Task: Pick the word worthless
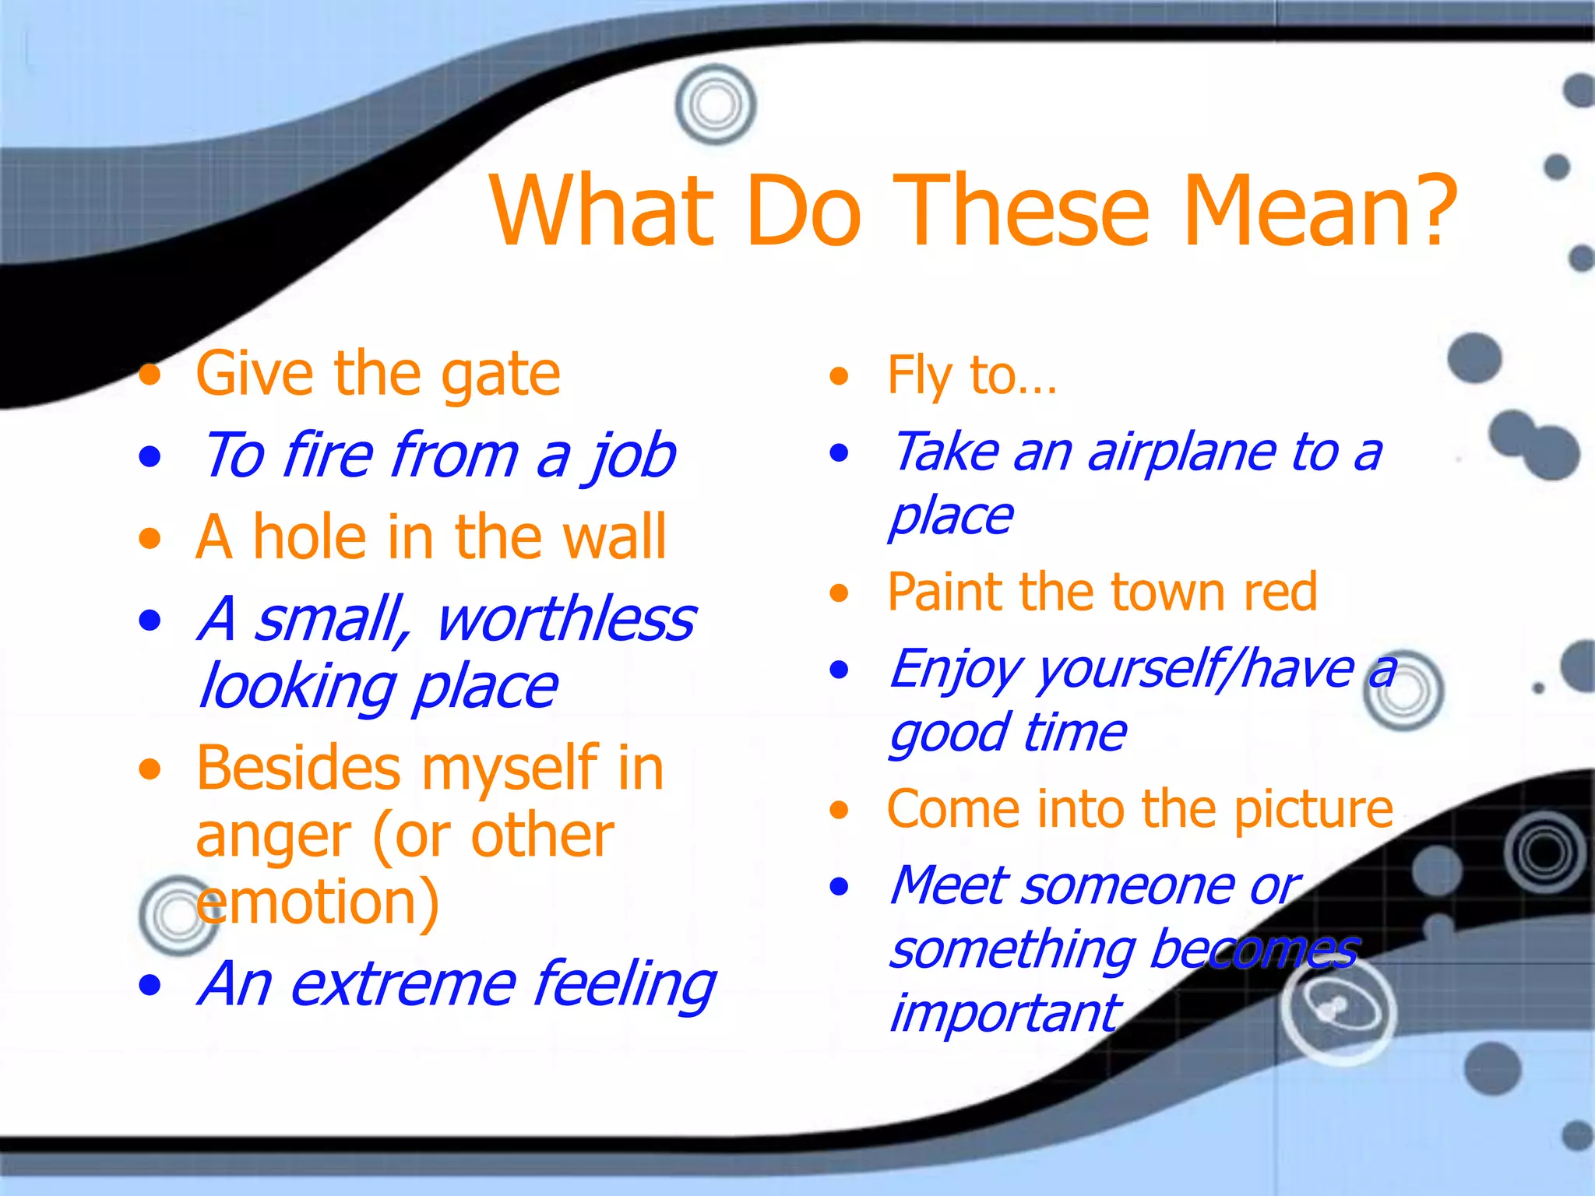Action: tap(565, 620)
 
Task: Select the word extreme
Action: tap(403, 984)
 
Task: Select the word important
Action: tap(1005, 1015)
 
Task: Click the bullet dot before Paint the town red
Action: tap(839, 594)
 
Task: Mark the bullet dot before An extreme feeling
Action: tap(150, 986)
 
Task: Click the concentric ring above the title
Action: tap(715, 105)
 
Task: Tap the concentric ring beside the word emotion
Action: tap(178, 916)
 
